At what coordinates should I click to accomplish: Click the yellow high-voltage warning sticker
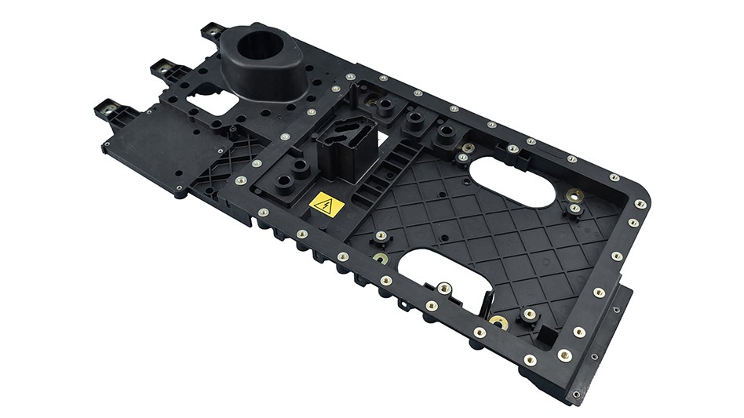tap(326, 205)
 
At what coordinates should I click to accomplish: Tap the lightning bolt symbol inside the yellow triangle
tap(327, 207)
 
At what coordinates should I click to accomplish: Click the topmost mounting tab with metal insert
tap(212, 32)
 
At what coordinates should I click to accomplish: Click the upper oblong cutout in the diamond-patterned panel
tap(513, 182)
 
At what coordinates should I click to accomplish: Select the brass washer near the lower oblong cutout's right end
tap(497, 321)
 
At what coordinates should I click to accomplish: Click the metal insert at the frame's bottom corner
tap(564, 354)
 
